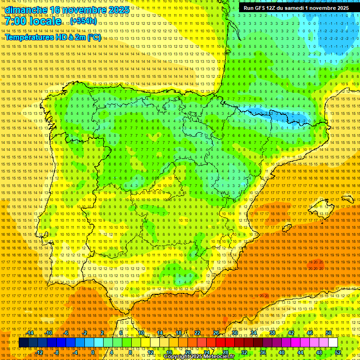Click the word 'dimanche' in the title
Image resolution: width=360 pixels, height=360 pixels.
point(26,10)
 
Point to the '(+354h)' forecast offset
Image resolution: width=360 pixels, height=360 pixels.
point(84,22)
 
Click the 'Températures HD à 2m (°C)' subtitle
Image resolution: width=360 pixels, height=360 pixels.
point(53,37)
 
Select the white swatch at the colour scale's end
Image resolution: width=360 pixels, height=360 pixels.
point(333,343)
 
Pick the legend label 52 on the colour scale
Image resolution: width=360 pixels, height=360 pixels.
point(338,352)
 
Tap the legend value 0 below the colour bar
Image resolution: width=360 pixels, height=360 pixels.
point(93,352)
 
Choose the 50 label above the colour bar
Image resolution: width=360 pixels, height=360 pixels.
point(329,333)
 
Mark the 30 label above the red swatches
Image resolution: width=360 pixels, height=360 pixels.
point(234,333)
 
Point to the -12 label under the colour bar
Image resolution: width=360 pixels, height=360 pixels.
point(39,352)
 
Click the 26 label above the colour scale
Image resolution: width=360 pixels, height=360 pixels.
point(216,333)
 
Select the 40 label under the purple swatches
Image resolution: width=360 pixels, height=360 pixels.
point(282,352)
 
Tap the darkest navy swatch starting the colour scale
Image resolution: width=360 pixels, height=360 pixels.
point(23,343)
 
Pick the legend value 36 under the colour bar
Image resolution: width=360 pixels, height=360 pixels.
point(263,352)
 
